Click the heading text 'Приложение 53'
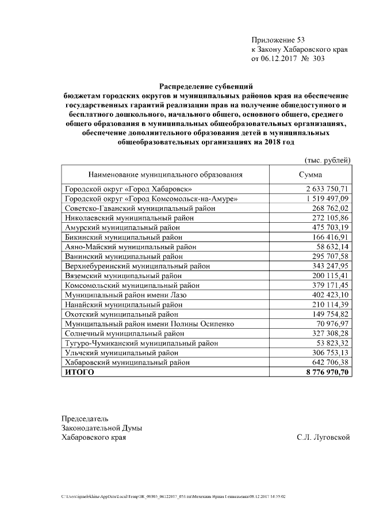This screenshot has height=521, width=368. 277,40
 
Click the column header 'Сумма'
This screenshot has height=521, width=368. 311,174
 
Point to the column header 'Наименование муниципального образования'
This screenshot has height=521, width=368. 165,174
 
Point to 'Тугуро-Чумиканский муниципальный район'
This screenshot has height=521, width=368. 141,343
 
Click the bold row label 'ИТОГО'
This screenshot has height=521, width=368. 79,372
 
